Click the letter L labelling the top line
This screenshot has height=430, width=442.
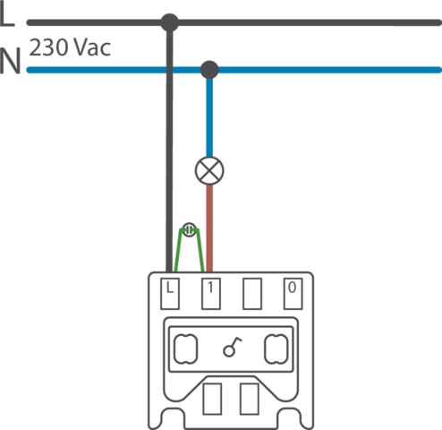tap(6, 15)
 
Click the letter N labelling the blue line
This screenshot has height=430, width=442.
tap(11, 61)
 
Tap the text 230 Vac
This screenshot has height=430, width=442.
tap(70, 47)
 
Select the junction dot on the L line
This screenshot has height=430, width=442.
tap(170, 22)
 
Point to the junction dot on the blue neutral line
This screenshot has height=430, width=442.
tap(209, 70)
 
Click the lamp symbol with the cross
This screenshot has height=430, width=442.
tap(209, 170)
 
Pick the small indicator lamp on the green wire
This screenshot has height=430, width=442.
tap(189, 229)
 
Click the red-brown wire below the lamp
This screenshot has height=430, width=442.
tap(209, 228)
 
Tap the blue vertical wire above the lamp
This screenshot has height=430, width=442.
tap(209, 117)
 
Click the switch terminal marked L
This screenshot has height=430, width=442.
tap(170, 294)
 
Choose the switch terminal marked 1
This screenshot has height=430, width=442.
tap(211, 294)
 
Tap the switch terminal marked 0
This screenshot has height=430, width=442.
tap(293, 294)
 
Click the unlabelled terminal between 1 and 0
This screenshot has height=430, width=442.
tap(252, 294)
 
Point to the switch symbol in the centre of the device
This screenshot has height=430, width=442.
tap(232, 348)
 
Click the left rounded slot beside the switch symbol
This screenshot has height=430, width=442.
tap(185, 349)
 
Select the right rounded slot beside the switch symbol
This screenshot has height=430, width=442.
tap(276, 349)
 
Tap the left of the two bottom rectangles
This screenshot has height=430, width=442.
tap(212, 399)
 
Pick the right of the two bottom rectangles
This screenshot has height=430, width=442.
tap(250, 399)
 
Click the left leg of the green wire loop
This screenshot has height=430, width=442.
tap(178, 250)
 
